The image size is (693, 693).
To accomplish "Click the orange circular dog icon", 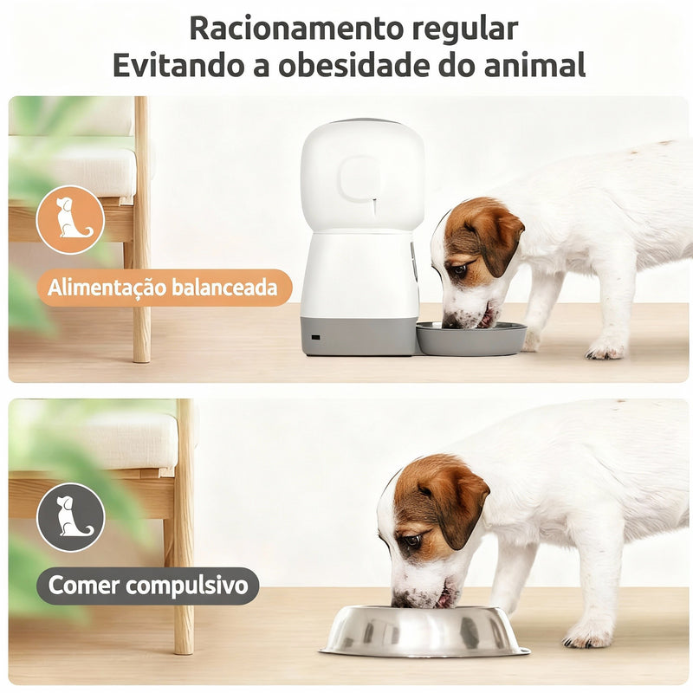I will click(71, 220).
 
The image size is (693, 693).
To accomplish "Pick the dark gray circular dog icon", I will click(71, 518).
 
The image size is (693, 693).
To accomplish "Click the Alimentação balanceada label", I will click(164, 288).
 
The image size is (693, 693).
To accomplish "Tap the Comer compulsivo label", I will click(148, 586).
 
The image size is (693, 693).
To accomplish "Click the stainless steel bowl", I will click(424, 631).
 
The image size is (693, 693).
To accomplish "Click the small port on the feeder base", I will click(314, 337).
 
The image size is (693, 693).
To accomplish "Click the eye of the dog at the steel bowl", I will click(412, 541).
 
